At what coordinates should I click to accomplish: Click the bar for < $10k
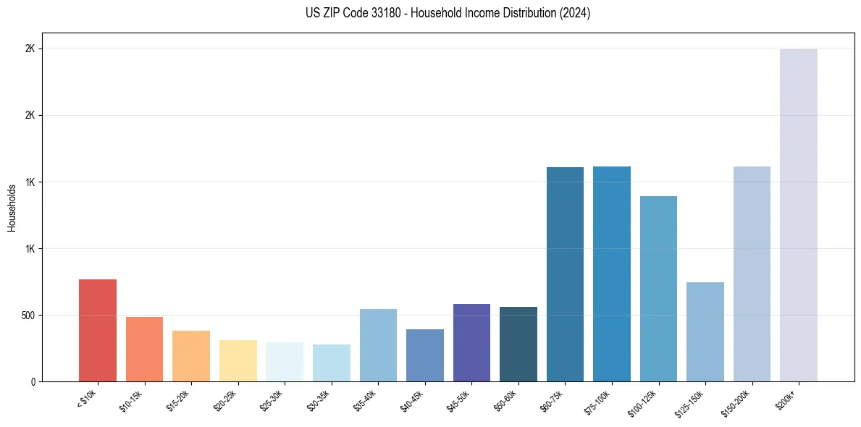point(98,331)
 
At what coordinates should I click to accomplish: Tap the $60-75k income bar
point(565,274)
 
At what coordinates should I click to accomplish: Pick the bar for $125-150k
point(705,332)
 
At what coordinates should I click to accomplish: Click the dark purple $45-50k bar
point(471,343)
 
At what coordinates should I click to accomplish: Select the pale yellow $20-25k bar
point(238,361)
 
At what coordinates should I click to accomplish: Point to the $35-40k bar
point(378,345)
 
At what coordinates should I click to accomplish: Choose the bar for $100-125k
point(658,289)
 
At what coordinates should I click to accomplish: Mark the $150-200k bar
point(752,274)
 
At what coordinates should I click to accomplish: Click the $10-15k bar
point(144,350)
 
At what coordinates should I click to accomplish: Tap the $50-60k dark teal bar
point(518,344)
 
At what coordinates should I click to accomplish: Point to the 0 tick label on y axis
point(33,382)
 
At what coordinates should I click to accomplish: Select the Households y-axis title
point(12,208)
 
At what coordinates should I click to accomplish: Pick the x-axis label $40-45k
point(411,399)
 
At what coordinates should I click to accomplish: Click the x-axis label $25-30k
point(271,399)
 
